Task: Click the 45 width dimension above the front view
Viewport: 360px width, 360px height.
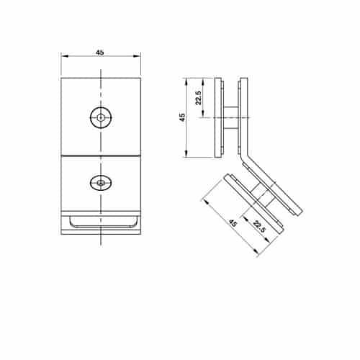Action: click(100, 52)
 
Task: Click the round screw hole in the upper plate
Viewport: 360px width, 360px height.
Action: click(102, 115)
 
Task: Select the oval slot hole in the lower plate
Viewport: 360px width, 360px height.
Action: click(101, 183)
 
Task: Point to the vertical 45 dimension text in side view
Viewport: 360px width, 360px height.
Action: click(182, 117)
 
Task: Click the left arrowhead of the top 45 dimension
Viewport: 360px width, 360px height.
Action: click(63, 56)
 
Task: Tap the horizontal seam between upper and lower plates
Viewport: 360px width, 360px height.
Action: click(101, 156)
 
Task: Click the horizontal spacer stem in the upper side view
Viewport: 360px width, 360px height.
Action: click(230, 115)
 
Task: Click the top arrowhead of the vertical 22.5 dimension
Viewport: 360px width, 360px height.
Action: click(204, 80)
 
